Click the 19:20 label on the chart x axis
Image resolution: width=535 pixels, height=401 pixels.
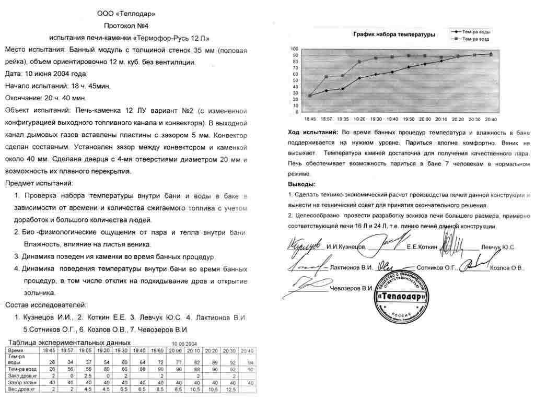359,119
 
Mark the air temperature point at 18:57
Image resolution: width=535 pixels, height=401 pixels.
327,77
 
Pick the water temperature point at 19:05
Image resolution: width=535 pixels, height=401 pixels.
343,89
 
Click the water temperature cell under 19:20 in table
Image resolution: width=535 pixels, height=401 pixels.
106,362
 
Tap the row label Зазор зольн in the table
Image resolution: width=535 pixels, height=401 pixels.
23,383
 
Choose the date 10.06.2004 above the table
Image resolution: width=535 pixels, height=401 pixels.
184,344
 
